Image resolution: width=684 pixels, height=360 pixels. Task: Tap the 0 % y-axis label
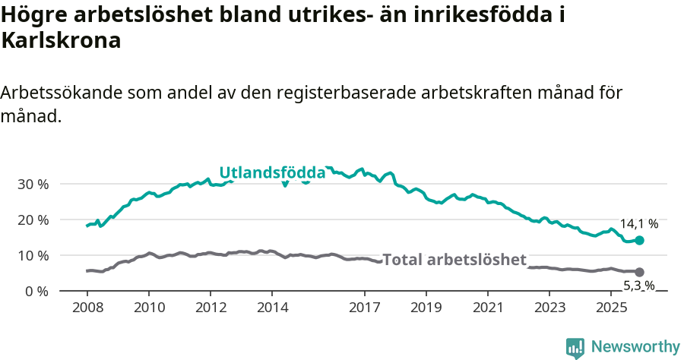pyautogui.click(x=36, y=291)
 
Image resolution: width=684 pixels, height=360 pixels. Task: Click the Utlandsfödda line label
pyautogui.click(x=272, y=173)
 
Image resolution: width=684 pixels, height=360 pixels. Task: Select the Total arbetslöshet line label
pyautogui.click(x=454, y=260)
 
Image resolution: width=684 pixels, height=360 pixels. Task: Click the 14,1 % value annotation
pyautogui.click(x=639, y=224)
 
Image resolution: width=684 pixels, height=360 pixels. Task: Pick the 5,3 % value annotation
pyautogui.click(x=638, y=286)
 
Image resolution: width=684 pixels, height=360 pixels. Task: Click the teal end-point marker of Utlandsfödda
pyautogui.click(x=639, y=240)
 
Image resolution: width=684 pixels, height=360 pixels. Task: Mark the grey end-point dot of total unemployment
pyautogui.click(x=639, y=272)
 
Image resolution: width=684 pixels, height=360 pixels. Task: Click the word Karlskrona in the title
pyautogui.click(x=61, y=42)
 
